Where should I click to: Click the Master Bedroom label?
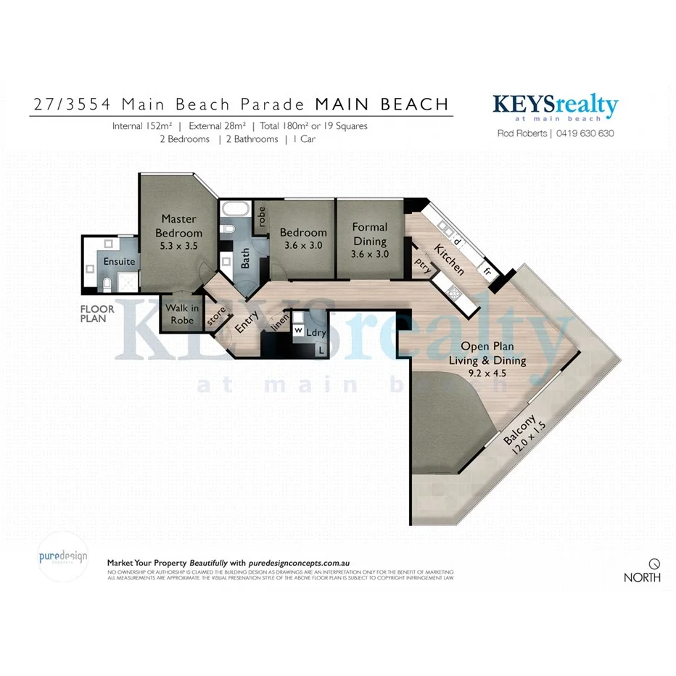click(182, 226)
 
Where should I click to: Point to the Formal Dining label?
click(370, 234)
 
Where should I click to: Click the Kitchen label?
click(449, 260)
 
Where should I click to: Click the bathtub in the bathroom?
click(235, 212)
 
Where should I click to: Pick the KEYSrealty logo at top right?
click(555, 107)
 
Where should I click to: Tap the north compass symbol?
click(654, 563)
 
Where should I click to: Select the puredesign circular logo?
click(62, 558)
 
